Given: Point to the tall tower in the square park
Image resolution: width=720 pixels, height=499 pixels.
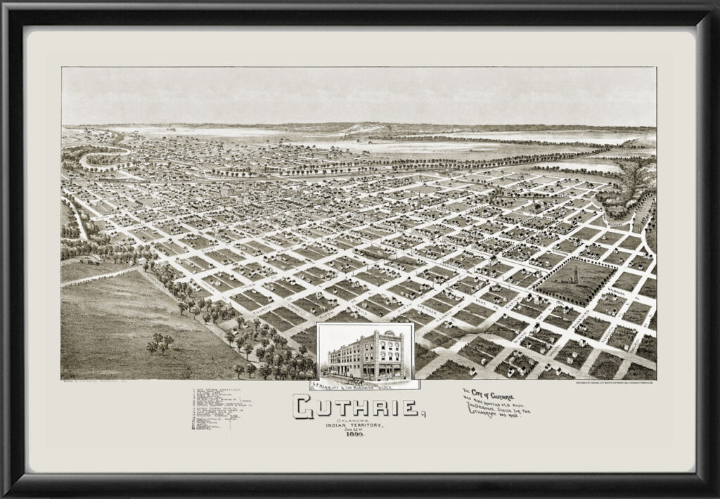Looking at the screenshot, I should [574, 274].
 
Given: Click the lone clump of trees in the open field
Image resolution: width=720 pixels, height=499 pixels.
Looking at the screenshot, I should [160, 343].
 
